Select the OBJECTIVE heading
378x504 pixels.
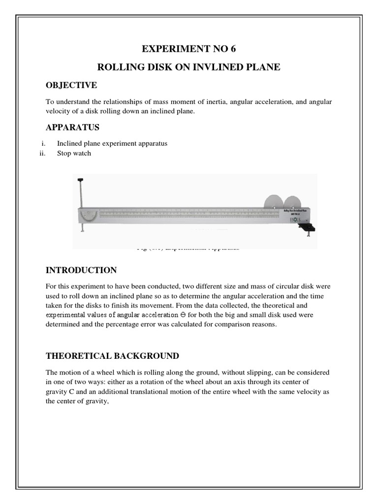coord(71,86)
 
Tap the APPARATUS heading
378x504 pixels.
coord(72,127)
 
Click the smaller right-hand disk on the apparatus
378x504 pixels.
coord(294,203)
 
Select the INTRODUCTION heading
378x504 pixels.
coord(81,270)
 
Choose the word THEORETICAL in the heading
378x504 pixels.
coord(75,356)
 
